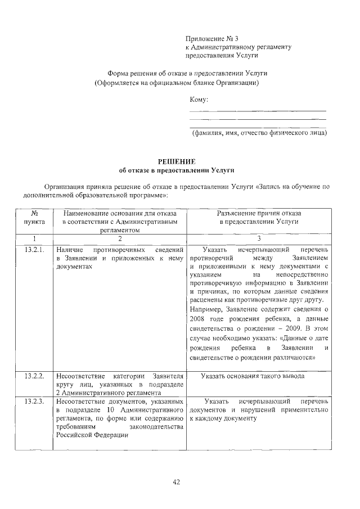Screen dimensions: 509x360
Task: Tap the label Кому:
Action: [199, 100]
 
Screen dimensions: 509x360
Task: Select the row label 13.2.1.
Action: [34, 249]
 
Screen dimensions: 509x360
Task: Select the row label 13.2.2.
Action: [34, 376]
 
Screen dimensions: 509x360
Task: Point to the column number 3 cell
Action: [259, 239]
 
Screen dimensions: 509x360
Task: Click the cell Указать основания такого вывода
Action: [252, 376]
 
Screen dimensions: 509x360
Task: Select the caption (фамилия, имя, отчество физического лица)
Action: [259, 133]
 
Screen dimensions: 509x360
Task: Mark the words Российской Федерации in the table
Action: [92, 439]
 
